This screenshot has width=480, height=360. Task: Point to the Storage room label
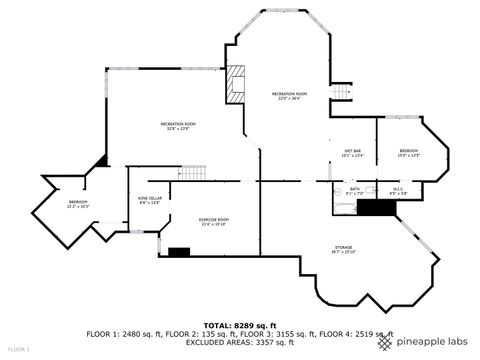point(343,249)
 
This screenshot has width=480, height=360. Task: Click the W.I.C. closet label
point(397,190)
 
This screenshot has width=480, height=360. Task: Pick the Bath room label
point(354,190)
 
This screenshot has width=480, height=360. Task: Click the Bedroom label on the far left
point(78,205)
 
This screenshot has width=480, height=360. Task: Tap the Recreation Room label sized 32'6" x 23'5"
point(177,126)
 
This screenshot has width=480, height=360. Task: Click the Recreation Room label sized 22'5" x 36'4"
point(289,97)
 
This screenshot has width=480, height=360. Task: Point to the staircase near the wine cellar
point(193,173)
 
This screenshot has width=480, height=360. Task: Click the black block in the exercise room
point(179,252)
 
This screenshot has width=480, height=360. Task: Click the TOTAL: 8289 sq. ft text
point(239,325)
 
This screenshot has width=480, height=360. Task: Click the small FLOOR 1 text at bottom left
point(16,349)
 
